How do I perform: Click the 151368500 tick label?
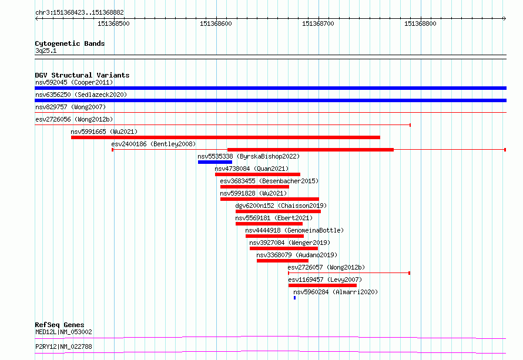tap(113, 23)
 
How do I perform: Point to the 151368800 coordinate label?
tap(420, 23)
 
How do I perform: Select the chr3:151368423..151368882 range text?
tap(79, 12)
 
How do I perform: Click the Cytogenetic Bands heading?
tap(70, 43)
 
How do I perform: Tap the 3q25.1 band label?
tap(46, 51)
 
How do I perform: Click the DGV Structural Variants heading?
tap(82, 75)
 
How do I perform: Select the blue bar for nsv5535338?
tap(215, 162)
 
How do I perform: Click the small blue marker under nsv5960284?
tap(294, 298)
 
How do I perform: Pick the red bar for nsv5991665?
tap(226, 137)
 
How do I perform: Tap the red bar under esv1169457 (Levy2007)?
tap(323, 285)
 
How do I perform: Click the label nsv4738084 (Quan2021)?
tap(252, 169)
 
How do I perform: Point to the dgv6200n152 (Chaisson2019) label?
tap(281, 206)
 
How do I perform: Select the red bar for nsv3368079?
tap(283, 261)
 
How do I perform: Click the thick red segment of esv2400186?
tap(310, 150)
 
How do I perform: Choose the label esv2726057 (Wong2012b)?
tap(326, 267)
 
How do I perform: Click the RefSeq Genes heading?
tap(59, 325)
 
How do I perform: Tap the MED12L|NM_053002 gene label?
tap(63, 332)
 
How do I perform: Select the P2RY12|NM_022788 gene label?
tap(63, 346)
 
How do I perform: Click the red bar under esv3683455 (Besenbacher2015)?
tap(254, 187)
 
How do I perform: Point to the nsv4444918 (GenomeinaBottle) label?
tap(294, 230)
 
